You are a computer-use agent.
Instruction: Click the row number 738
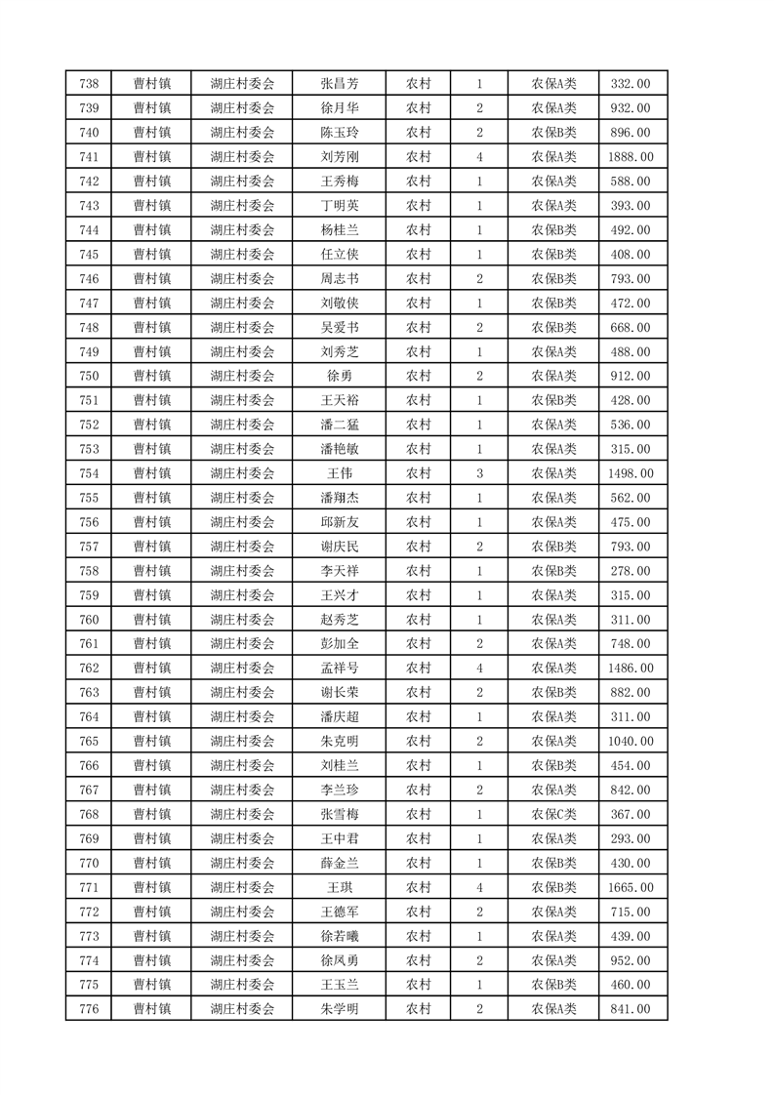coord(88,84)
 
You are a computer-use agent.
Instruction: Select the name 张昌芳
coord(339,84)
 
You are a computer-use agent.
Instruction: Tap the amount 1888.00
coord(630,157)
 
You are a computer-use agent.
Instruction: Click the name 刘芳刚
coord(339,157)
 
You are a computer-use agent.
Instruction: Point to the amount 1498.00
coord(630,473)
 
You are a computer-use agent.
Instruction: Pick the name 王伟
coord(339,473)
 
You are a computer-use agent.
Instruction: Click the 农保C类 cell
coord(553,815)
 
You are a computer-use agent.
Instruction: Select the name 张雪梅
coord(339,815)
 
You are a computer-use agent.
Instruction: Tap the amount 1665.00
coord(630,887)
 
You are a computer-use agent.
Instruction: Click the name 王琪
coord(339,887)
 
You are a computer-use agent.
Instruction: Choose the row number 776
coord(88,1009)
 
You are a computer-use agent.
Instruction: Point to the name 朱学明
coord(339,1009)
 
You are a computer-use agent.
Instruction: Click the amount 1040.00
coord(630,742)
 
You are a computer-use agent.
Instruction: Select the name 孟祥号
coord(339,669)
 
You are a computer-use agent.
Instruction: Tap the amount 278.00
coord(630,571)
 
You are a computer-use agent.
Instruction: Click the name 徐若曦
coord(339,936)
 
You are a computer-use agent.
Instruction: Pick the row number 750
coord(88,376)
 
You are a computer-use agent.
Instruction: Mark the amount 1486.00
coord(630,669)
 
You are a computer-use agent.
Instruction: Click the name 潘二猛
coord(339,425)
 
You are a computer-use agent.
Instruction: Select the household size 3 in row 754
coord(479,473)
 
